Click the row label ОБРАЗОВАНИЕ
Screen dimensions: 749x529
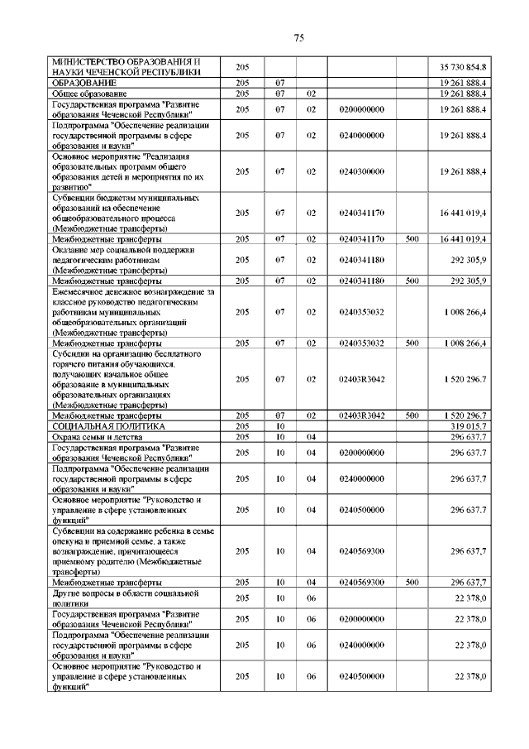point(82,84)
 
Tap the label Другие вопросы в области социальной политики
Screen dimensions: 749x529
point(126,598)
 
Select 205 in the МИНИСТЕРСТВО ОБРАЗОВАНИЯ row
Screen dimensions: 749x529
point(242,66)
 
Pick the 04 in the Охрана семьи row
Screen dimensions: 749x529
point(312,437)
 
